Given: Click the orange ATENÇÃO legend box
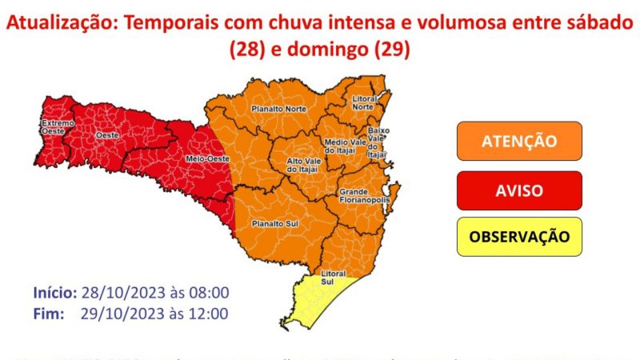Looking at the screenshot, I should pyautogui.click(x=519, y=142).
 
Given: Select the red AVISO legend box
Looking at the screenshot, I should pyautogui.click(x=519, y=190).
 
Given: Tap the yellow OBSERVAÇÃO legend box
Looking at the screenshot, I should pyautogui.click(x=519, y=237).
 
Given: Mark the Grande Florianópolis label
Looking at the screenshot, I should pyautogui.click(x=364, y=197).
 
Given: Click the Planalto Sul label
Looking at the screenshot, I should pyautogui.click(x=270, y=223).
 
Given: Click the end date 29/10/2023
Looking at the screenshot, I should pyautogui.click(x=114, y=313).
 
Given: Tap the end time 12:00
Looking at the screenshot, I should pyautogui.click(x=209, y=313).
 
